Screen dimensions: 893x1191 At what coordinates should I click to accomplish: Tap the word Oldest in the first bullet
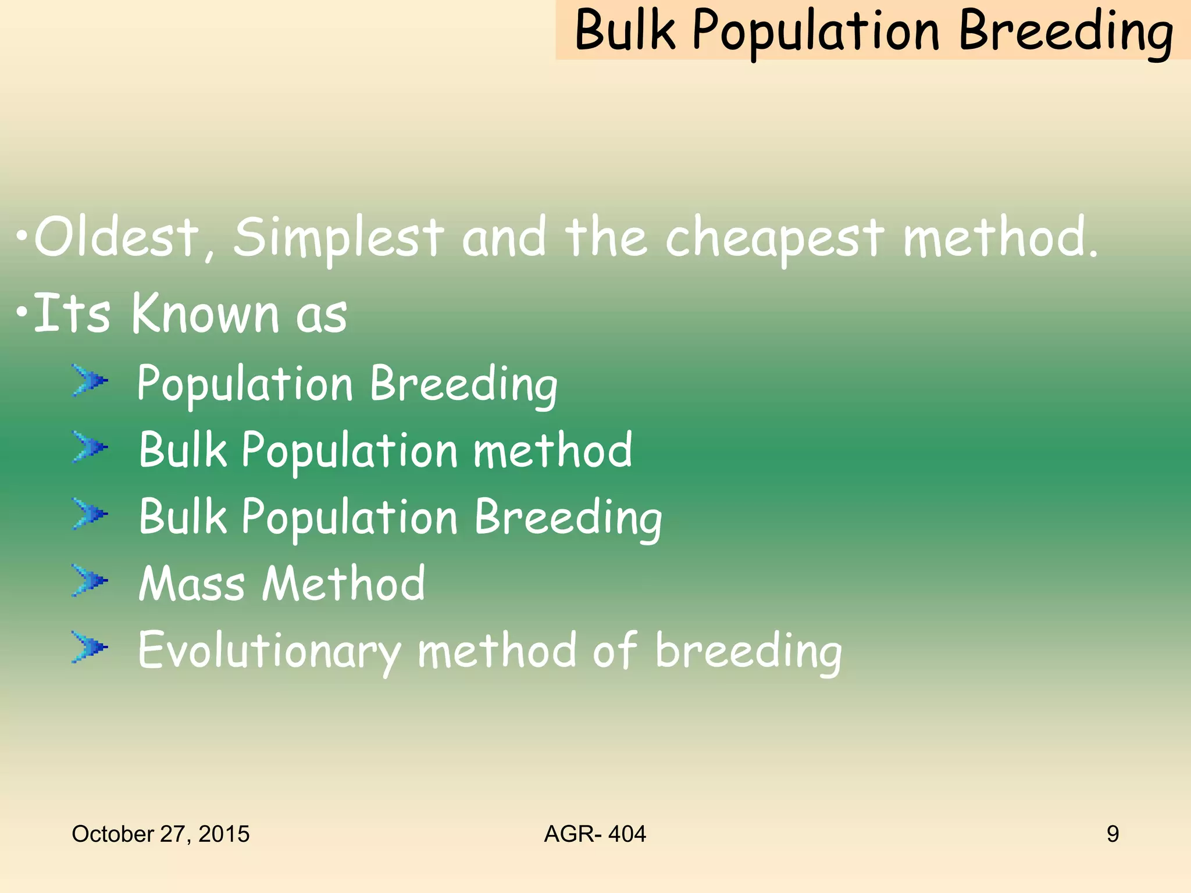116,237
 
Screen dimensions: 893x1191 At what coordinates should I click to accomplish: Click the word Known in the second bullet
206,314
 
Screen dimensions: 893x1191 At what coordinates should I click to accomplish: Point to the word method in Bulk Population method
552,451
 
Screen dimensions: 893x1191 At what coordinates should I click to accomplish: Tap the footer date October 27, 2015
161,834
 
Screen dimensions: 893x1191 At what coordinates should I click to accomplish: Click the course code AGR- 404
595,834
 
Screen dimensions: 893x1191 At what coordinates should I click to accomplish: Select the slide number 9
1112,834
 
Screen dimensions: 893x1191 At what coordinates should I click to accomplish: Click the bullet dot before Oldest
22,237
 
